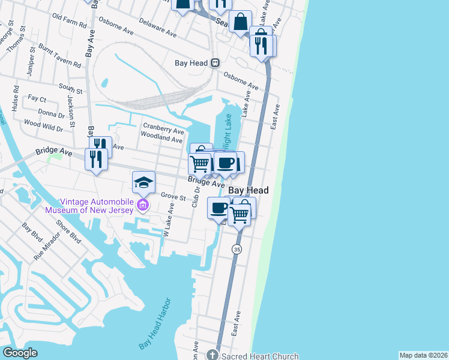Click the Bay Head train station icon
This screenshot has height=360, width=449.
[214, 62]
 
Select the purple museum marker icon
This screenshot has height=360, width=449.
[143, 206]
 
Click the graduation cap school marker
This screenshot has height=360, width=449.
[144, 181]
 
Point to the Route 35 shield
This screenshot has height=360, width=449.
[237, 249]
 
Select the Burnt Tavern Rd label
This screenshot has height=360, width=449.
[60, 54]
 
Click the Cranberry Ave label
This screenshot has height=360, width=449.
[163, 130]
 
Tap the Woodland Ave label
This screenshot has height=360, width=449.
[161, 139]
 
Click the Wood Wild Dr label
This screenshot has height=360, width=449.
[43, 127]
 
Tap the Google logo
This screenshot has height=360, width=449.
[20, 353]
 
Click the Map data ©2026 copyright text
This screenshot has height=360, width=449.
[423, 355]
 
